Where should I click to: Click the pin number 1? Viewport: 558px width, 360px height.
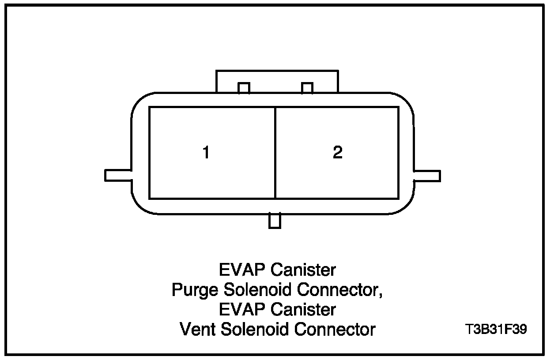(206, 153)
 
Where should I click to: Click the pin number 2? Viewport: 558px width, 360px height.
(337, 153)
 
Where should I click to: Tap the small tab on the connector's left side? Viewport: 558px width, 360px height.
(118, 175)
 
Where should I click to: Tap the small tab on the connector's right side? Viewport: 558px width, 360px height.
(426, 176)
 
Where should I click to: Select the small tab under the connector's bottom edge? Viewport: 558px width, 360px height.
(275, 221)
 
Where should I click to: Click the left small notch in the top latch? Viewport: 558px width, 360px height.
(244, 88)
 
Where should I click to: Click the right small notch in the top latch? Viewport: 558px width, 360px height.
(307, 88)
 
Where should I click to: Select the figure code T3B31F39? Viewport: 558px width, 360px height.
(496, 330)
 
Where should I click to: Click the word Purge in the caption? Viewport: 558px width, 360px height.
(196, 290)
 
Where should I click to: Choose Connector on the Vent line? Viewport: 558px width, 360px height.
(335, 329)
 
